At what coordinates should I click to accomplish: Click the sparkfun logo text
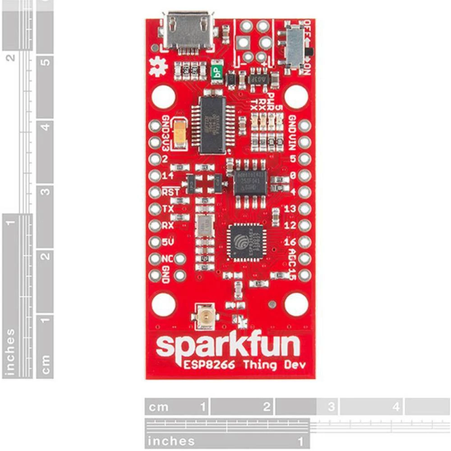[x=228, y=346]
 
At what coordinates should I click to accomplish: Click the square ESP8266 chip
[x=247, y=241]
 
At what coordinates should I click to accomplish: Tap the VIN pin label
[x=293, y=142]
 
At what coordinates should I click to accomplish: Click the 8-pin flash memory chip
[x=250, y=183]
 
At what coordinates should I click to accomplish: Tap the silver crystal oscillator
[x=205, y=225]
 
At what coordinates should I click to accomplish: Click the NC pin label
[x=166, y=258]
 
